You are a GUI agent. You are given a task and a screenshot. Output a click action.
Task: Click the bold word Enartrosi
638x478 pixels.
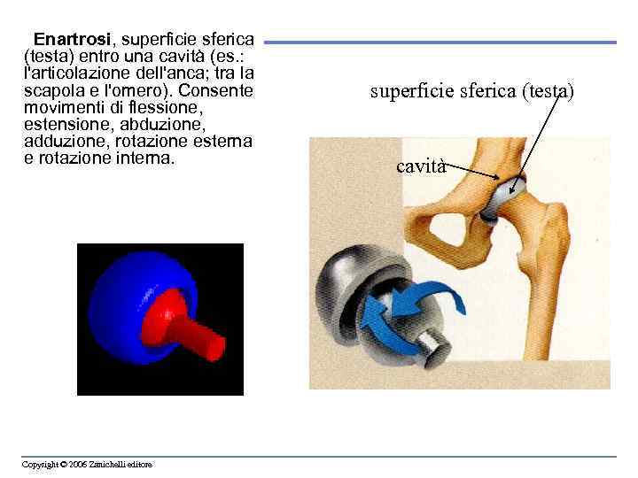click(72, 40)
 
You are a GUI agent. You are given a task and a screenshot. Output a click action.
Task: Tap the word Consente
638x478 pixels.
click(218, 91)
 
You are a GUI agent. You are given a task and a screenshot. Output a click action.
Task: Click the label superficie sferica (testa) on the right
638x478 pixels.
click(472, 90)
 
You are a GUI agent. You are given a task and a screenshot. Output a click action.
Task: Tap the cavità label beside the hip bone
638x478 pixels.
click(420, 166)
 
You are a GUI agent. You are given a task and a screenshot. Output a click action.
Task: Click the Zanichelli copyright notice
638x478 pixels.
click(88, 464)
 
